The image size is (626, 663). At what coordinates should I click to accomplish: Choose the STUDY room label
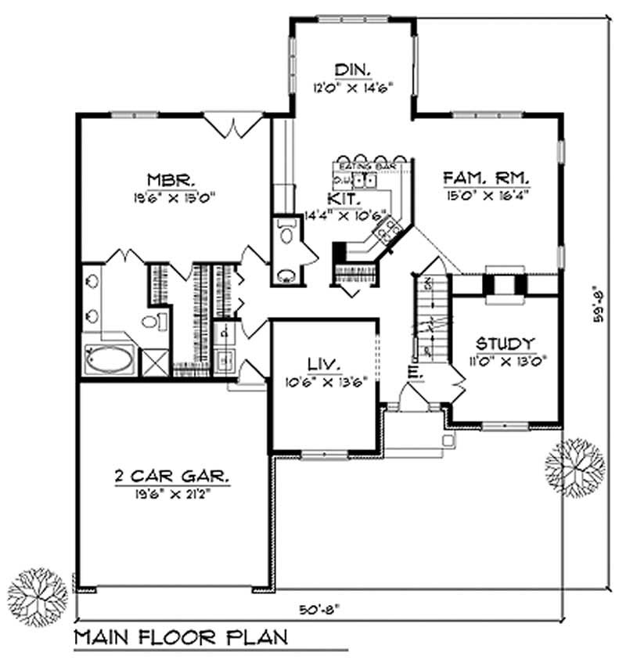(x=505, y=344)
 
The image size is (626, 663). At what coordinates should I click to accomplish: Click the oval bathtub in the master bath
(x=109, y=361)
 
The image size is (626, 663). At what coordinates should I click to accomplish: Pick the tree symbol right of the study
(x=575, y=463)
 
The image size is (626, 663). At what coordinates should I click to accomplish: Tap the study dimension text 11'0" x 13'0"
(x=505, y=361)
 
